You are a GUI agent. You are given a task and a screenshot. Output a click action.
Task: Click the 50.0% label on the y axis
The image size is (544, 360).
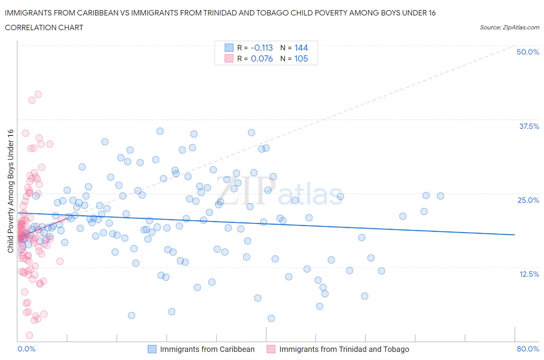(x=528, y=52)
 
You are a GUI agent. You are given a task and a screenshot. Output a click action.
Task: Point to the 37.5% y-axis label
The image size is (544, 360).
(x=529, y=126)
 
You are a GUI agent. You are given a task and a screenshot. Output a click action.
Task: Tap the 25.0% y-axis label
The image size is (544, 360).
(x=528, y=200)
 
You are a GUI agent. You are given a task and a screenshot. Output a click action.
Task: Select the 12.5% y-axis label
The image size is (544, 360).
(x=529, y=274)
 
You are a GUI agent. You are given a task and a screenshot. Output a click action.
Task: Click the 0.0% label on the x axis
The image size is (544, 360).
(x=26, y=349)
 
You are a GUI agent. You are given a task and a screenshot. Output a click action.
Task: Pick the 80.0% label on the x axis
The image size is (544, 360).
(x=528, y=349)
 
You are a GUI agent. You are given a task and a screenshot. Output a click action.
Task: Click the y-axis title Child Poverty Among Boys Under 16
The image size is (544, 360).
(x=10, y=191)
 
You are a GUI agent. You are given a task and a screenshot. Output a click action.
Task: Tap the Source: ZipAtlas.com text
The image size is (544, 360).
(x=509, y=27)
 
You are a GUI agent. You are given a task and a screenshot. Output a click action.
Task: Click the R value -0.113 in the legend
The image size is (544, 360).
(x=262, y=48)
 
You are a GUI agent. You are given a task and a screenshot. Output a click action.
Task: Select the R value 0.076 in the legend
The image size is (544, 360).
(x=262, y=58)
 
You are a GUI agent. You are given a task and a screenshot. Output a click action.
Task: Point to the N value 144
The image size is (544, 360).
(x=301, y=48)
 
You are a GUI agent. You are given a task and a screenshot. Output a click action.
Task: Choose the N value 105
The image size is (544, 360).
(x=301, y=58)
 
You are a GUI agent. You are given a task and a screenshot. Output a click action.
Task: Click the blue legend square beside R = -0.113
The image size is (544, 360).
(x=229, y=48)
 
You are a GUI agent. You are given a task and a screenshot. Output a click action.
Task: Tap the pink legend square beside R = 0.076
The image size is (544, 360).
(x=229, y=58)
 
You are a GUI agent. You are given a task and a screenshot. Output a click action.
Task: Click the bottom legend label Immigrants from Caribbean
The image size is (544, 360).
(x=207, y=349)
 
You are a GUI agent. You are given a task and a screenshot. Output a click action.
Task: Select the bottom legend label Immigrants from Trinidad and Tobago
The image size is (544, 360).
(x=344, y=349)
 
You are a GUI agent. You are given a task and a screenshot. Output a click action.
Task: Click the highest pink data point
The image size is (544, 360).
(x=38, y=94)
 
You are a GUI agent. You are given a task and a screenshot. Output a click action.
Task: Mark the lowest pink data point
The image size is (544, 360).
(x=29, y=335)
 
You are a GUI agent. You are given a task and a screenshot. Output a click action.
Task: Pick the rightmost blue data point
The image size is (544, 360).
(x=440, y=196)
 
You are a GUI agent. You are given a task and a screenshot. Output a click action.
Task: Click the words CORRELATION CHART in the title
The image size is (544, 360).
(x=44, y=27)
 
